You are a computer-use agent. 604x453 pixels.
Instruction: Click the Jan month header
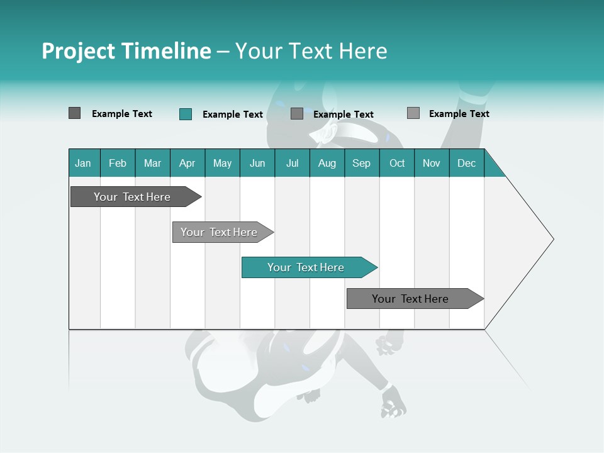tap(84, 163)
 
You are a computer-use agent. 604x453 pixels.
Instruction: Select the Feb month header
tap(118, 163)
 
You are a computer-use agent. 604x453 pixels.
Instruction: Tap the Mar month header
tap(152, 163)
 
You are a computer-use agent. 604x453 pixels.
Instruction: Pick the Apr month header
tap(187, 163)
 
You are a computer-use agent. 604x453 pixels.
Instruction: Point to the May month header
tap(222, 163)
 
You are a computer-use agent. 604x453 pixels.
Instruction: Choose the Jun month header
tap(257, 163)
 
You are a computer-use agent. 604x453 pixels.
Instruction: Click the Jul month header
tap(292, 163)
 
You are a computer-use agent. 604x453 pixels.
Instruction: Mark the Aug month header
tap(327, 163)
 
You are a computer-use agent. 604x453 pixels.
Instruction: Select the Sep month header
tap(362, 163)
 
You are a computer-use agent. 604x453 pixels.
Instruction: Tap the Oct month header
tap(397, 163)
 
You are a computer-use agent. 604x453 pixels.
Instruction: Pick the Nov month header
tap(432, 163)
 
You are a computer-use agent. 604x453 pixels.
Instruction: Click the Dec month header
tap(467, 163)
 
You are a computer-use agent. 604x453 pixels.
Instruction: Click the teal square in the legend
tap(185, 114)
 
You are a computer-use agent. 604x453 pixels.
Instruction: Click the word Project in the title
tap(78, 51)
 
